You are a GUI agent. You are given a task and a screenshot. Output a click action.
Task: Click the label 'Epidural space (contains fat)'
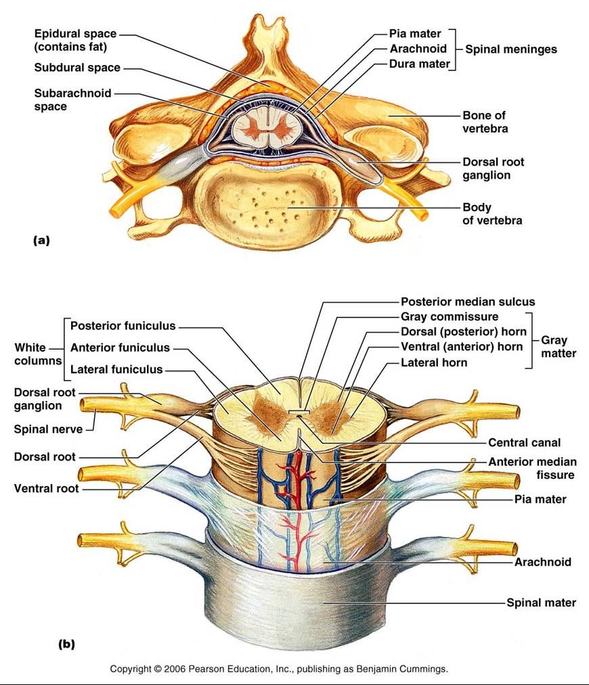(75, 40)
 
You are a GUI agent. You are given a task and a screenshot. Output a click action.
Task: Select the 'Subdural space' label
(77, 68)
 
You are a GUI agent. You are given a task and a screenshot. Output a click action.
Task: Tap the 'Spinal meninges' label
(510, 49)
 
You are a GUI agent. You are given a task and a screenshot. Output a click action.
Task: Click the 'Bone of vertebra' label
(485, 122)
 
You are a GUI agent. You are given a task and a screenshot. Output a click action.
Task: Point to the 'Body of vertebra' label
(492, 214)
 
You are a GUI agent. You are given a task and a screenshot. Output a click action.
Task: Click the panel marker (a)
(41, 240)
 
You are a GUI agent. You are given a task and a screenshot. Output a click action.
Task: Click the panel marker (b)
(66, 644)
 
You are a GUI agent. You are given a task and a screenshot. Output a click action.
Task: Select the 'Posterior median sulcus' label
(468, 302)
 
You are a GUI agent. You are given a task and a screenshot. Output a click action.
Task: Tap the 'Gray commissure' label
(450, 316)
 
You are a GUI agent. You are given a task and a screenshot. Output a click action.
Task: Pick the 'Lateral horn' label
(434, 362)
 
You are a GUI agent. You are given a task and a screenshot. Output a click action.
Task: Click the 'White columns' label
(38, 354)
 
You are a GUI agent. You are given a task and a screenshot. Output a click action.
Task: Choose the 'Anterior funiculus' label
(120, 348)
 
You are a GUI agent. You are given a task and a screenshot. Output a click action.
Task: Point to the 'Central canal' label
(524, 443)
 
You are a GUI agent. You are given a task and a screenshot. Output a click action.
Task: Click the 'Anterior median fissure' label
(532, 469)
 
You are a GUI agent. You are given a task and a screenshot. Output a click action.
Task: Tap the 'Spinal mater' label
(541, 603)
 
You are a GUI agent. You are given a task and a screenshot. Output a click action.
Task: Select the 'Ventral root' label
(46, 488)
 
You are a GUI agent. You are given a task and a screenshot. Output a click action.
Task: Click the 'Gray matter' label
(559, 347)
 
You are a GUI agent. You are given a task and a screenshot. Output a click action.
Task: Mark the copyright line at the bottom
(279, 669)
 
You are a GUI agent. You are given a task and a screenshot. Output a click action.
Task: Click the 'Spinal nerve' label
(48, 429)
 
